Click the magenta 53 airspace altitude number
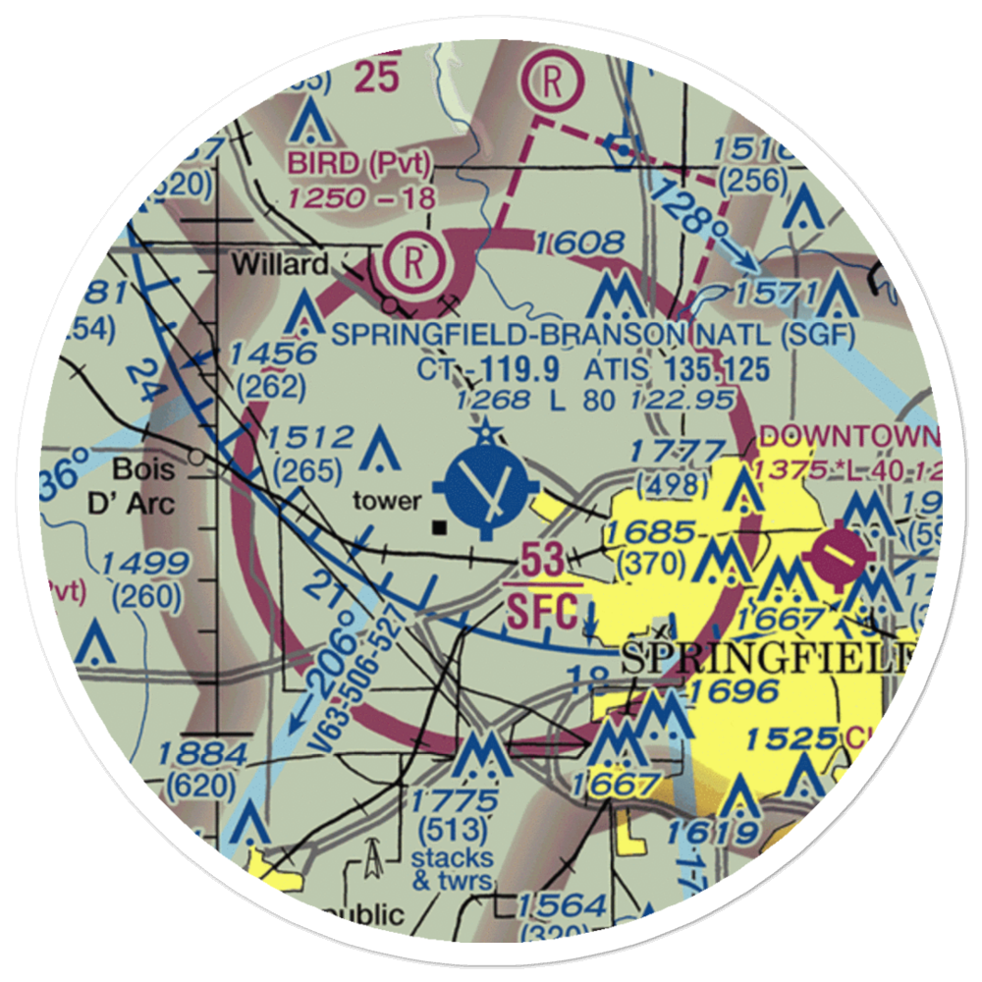[542, 562]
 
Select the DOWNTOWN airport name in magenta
[849, 435]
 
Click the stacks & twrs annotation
[452, 869]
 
